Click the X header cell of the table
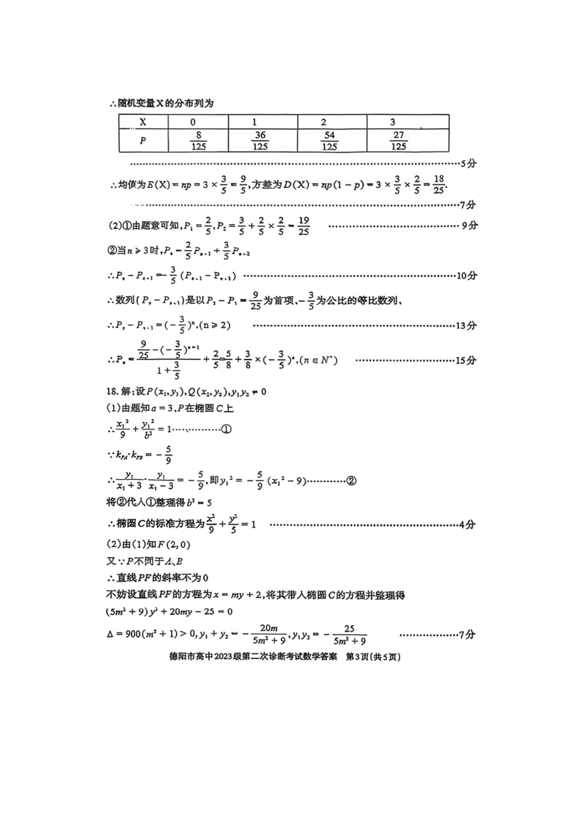(x=143, y=122)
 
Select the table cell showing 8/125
(x=198, y=141)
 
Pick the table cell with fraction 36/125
(x=260, y=141)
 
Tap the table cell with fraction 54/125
(x=330, y=141)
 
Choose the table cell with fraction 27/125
(x=398, y=141)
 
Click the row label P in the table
(x=143, y=141)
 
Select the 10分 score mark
(x=466, y=276)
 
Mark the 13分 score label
(x=466, y=325)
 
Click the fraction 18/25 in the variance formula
(x=439, y=184)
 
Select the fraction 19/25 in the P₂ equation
(x=303, y=226)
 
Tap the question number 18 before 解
(x=112, y=392)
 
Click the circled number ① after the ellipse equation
(x=226, y=429)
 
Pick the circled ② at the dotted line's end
(x=351, y=481)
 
